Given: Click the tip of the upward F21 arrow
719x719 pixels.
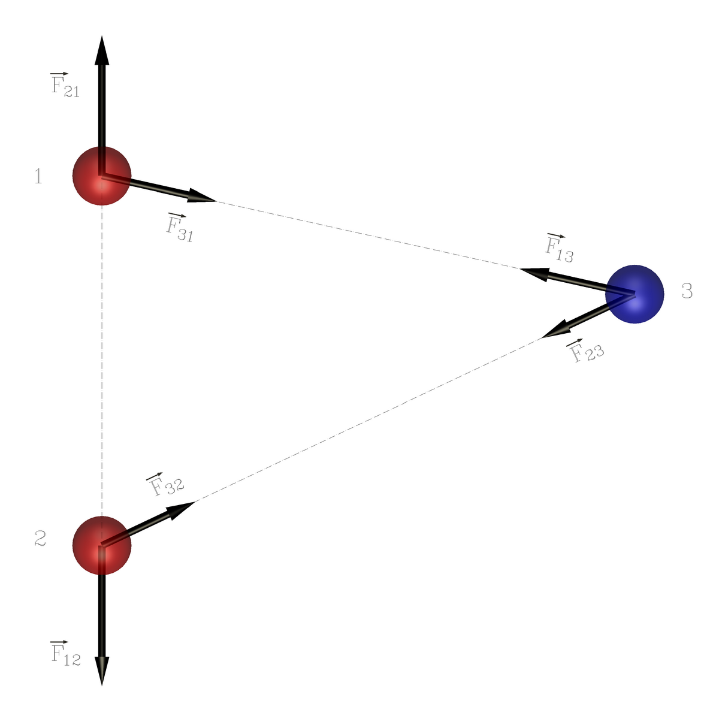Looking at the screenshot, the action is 102,36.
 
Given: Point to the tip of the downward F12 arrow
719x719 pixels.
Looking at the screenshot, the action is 102,685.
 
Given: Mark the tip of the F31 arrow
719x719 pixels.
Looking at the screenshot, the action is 216,201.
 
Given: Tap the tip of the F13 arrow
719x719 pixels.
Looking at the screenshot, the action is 519,268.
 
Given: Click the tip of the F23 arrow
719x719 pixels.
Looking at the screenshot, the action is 540,338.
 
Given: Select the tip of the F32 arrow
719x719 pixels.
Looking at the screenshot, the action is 195,502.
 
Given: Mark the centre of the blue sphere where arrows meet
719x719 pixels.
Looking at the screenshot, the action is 635,294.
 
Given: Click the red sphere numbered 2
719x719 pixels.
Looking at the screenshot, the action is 102,545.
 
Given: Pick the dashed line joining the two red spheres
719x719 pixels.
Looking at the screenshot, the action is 102,361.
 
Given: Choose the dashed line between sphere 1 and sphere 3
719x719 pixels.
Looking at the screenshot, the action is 368,235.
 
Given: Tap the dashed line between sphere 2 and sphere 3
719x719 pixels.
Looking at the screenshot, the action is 368,420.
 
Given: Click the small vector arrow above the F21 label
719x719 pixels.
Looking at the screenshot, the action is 59,74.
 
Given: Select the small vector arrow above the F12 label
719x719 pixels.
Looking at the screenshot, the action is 59,642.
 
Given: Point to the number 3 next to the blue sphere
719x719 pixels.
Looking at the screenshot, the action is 687,291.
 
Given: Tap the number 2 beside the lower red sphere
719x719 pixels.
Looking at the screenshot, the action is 40,539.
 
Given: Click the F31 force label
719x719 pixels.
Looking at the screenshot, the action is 180,228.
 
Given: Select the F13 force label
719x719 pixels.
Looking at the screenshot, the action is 559,248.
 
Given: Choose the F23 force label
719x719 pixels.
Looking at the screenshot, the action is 585,351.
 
